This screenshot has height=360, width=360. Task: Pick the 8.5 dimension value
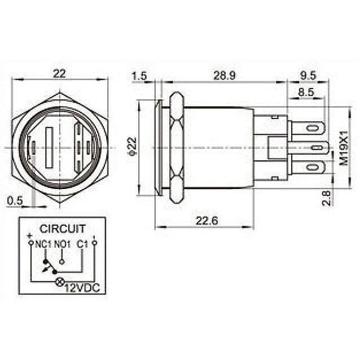point(305,92)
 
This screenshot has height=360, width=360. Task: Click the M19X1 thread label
point(343,148)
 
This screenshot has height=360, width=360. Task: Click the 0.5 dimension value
point(16,200)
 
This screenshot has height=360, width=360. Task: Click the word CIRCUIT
point(62,229)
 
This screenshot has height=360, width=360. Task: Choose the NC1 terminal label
point(43,244)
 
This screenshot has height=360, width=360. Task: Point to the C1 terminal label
point(82,244)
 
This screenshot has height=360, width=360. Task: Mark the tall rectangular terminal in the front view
point(49,148)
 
